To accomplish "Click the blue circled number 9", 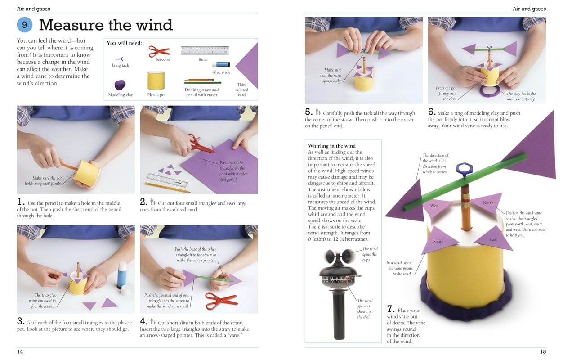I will (x=25, y=25).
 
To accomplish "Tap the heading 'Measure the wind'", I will (x=106, y=25).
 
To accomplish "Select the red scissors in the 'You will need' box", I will (x=159, y=50).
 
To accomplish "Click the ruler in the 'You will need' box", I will (x=205, y=50).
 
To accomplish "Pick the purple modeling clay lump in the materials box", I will (x=120, y=85).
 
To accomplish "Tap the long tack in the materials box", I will (x=120, y=58).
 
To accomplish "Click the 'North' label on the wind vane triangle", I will (x=488, y=203).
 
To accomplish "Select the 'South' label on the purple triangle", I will (x=438, y=242).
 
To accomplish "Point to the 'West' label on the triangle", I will (x=434, y=206).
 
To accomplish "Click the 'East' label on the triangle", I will (x=493, y=239).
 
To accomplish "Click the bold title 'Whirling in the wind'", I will (x=332, y=146).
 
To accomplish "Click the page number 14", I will (x=20, y=351).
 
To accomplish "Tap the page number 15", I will (x=543, y=351).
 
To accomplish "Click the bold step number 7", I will (x=391, y=310).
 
